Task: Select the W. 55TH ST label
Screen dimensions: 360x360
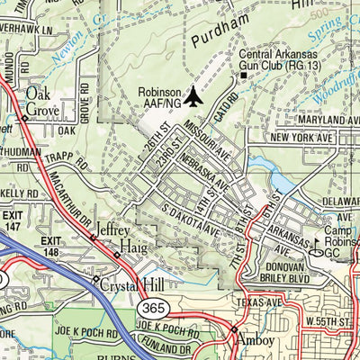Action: (332, 320)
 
